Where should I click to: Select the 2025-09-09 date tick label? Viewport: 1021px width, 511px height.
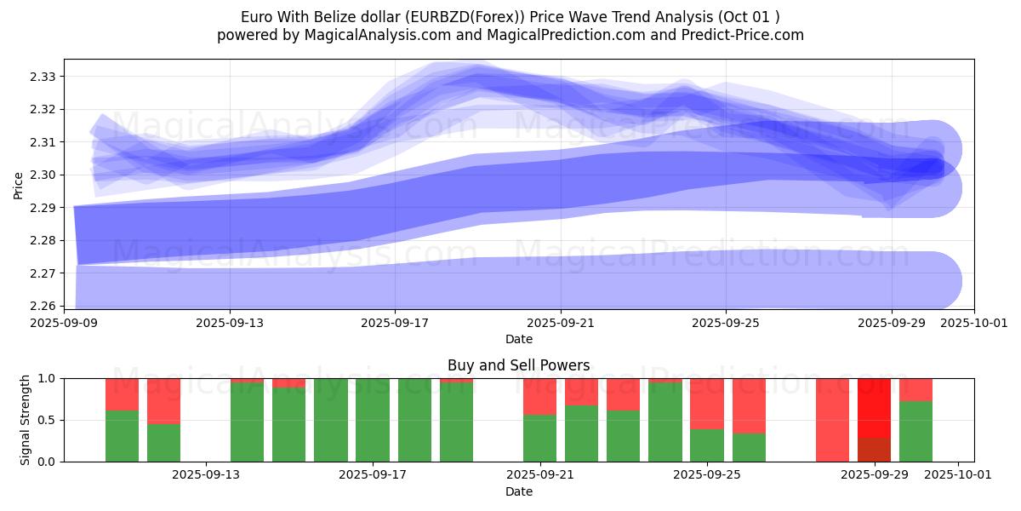tap(64, 323)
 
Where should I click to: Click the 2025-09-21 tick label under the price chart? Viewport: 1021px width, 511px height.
tap(560, 323)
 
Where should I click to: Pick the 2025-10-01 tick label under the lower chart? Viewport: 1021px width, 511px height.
tap(958, 475)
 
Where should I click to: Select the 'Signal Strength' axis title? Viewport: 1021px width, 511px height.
tap(26, 420)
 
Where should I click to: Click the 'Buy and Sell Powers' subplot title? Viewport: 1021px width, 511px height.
tap(519, 365)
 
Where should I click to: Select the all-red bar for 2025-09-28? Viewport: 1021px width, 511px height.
tap(832, 420)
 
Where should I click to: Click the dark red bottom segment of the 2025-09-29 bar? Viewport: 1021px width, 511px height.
tap(874, 450)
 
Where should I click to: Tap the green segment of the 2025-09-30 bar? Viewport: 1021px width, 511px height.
tap(915, 431)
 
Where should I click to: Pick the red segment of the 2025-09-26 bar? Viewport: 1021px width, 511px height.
tap(749, 405)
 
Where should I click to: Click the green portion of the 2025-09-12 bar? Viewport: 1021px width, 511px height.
tap(163, 443)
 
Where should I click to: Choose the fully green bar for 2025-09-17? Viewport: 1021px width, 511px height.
tap(373, 420)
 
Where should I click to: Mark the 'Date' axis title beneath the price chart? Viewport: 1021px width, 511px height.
tap(519, 339)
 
